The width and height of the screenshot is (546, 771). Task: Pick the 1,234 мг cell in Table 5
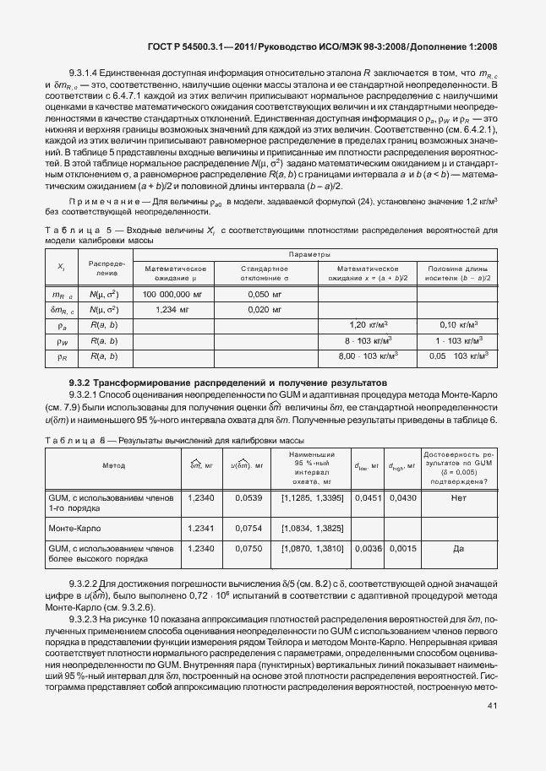click(171, 310)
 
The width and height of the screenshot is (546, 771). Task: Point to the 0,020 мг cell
click(265, 310)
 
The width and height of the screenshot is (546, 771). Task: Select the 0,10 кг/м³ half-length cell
click(460, 325)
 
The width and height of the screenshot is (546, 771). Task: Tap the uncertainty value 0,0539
click(248, 499)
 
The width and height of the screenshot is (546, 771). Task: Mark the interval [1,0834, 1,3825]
click(312, 528)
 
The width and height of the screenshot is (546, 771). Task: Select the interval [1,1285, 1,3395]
click(312, 499)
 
